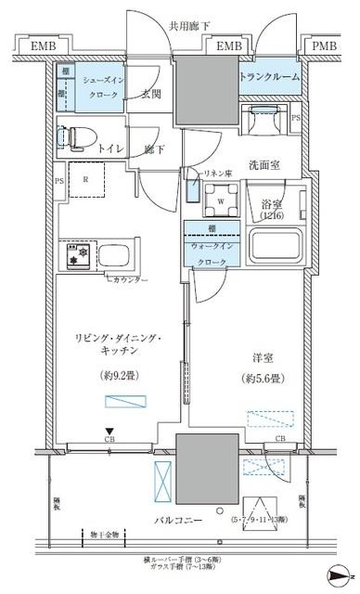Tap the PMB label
click(x=324, y=45)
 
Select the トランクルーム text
click(x=270, y=77)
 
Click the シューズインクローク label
click(x=97, y=87)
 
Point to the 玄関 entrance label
click(x=152, y=92)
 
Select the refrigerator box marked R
click(x=85, y=180)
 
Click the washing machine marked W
click(x=219, y=198)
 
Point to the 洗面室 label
click(x=264, y=166)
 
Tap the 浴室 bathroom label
click(x=273, y=203)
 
